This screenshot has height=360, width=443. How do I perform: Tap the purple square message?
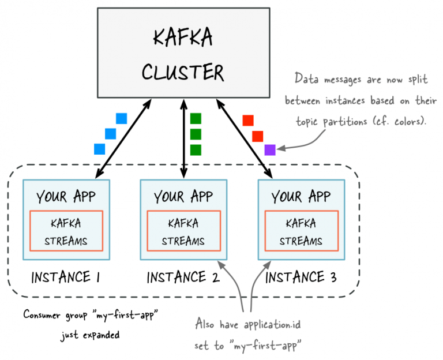tap(270, 149)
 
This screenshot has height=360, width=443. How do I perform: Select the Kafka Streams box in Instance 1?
tap(66, 231)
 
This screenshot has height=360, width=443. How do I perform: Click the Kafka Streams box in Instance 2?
tap(183, 231)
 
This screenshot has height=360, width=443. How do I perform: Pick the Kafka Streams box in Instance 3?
tap(301, 231)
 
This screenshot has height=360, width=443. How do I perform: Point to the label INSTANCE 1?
tap(65, 277)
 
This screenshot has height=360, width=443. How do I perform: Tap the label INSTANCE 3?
tap(301, 277)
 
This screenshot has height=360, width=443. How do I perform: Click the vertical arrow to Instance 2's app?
tap(183, 138)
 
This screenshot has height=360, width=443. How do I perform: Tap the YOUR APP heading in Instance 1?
tap(66, 197)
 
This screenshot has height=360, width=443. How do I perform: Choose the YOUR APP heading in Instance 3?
tap(301, 197)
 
